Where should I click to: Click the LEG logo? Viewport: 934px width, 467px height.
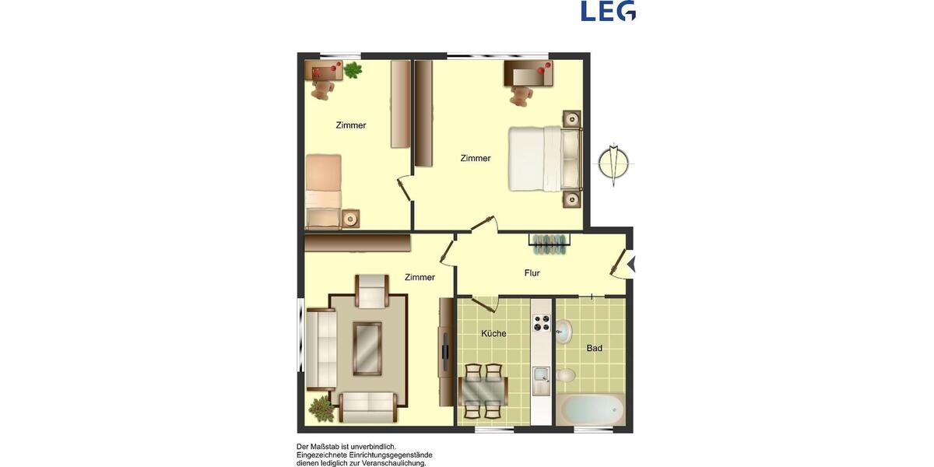pyautogui.click(x=608, y=11)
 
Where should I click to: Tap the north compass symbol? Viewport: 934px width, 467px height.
pyautogui.click(x=614, y=164)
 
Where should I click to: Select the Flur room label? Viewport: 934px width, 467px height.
pyautogui.click(x=532, y=273)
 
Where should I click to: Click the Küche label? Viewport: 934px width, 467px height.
pyautogui.click(x=493, y=334)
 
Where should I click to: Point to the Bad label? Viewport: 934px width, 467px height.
pyautogui.click(x=595, y=348)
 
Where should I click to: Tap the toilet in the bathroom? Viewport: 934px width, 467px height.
pyautogui.click(x=566, y=377)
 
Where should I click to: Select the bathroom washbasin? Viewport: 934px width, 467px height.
pyautogui.click(x=564, y=332)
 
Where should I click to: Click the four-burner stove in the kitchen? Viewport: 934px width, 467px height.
pyautogui.click(x=541, y=321)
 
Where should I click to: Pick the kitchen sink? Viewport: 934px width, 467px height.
pyautogui.click(x=541, y=381)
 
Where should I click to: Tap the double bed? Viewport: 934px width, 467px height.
pyautogui.click(x=544, y=159)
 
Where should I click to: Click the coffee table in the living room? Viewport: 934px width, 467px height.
pyautogui.click(x=367, y=347)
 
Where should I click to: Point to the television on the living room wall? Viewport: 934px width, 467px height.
pyautogui.click(x=445, y=349)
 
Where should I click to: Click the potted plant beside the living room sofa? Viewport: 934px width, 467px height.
pyautogui.click(x=321, y=407)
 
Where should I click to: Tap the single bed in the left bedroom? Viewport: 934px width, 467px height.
pyautogui.click(x=323, y=190)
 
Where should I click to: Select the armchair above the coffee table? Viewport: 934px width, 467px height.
pyautogui.click(x=371, y=291)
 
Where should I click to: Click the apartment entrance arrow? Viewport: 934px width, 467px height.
pyautogui.click(x=631, y=264)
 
